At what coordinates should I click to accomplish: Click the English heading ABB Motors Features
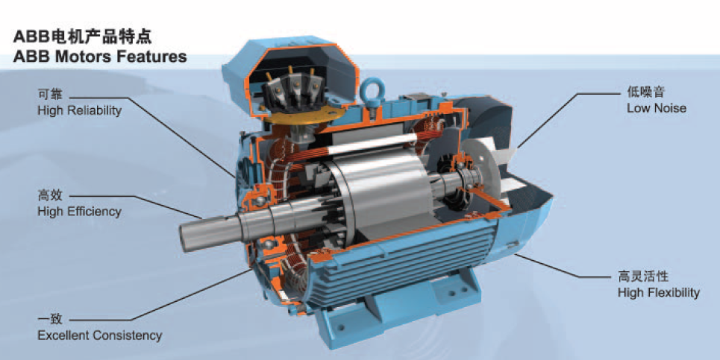[x=100, y=57]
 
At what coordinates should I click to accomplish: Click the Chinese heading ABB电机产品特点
[x=83, y=36]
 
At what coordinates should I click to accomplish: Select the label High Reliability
[x=79, y=110]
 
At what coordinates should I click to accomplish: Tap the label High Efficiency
[x=79, y=212]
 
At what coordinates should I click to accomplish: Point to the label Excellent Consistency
[x=100, y=335]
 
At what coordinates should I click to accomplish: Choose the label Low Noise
[x=657, y=108]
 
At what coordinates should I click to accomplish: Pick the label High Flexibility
[x=659, y=292]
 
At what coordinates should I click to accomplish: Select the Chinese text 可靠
[x=49, y=95]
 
